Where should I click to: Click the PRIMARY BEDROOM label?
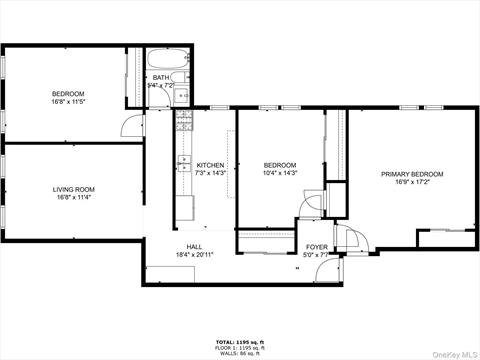click(x=412, y=174)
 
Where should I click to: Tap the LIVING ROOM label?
click(x=74, y=189)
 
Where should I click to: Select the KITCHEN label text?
click(x=210, y=165)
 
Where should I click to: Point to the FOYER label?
click(x=316, y=246)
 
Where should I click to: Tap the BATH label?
click(x=160, y=77)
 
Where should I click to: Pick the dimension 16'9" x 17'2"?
click(x=412, y=182)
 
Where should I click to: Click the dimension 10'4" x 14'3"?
click(x=280, y=173)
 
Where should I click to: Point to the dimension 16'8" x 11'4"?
click(x=74, y=197)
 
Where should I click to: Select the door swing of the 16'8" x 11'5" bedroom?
click(x=130, y=125)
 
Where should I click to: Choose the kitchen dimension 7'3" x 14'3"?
click(x=210, y=173)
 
